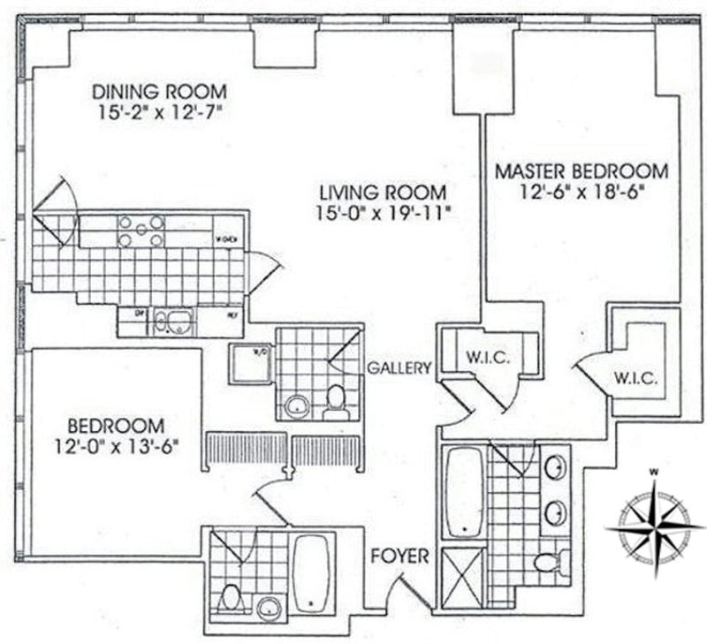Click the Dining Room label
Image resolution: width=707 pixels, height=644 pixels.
tap(160, 91)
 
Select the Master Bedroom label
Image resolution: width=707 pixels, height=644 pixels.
tap(581, 170)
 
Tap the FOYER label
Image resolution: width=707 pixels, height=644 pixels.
tap(399, 557)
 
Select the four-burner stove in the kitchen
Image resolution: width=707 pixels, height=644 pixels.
tap(141, 231)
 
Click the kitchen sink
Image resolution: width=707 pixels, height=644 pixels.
tap(173, 322)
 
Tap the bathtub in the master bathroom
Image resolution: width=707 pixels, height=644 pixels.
tap(464, 492)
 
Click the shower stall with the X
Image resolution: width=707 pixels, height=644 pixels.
tap(463, 578)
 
